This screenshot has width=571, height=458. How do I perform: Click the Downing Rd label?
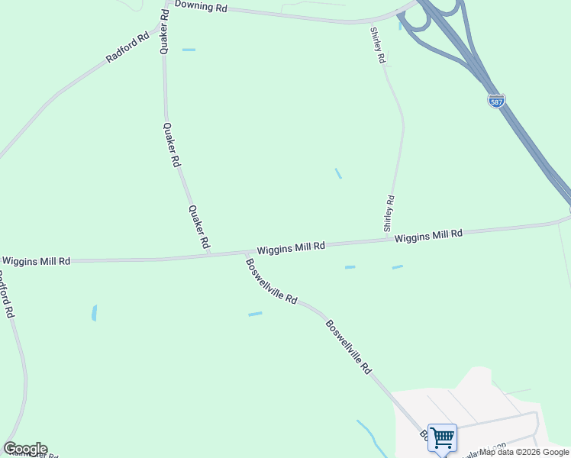[x=201, y=6]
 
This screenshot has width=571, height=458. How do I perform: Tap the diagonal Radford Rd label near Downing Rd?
[x=127, y=47]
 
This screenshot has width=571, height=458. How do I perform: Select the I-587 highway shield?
[x=496, y=101]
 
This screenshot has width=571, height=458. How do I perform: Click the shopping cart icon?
[x=442, y=438]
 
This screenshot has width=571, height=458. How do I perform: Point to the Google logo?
[x=25, y=449]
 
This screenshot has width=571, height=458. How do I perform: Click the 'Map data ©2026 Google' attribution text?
[x=524, y=452]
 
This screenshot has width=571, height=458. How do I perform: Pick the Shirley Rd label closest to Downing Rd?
[x=377, y=45]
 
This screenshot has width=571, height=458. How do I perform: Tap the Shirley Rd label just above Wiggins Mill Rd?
[x=389, y=214]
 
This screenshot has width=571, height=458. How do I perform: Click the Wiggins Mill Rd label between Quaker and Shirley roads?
[x=291, y=248]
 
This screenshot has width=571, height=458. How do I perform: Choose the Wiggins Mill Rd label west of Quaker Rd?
[x=36, y=261]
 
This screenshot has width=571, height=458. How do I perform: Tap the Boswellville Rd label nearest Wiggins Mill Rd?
[x=271, y=282]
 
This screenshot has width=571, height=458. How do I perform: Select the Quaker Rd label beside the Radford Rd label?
[x=163, y=31]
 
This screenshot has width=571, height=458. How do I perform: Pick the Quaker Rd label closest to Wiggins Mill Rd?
[x=198, y=227]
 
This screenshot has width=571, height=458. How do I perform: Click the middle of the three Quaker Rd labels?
[x=172, y=145]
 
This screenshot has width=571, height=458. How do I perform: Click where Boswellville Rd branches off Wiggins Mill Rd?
[x=244, y=253]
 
